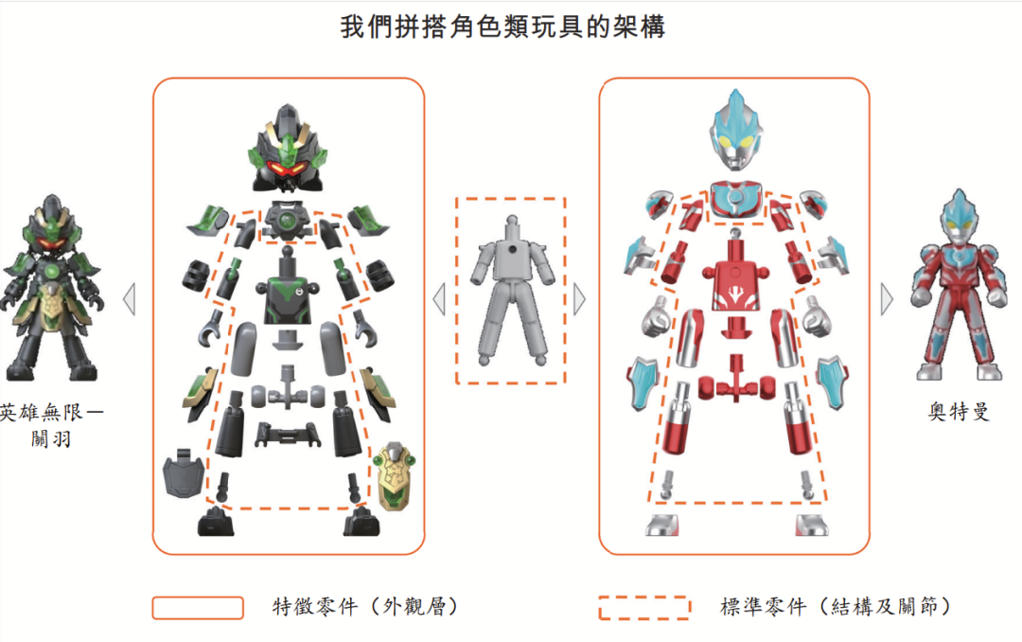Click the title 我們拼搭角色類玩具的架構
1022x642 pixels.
click(x=502, y=27)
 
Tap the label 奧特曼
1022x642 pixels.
click(x=959, y=413)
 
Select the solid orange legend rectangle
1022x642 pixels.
click(x=198, y=608)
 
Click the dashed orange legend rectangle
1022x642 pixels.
click(x=643, y=608)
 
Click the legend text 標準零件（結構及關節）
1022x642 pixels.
click(x=835, y=607)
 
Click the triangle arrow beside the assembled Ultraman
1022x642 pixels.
click(x=887, y=300)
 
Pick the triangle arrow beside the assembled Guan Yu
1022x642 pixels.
click(x=130, y=300)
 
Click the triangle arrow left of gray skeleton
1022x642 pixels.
click(x=439, y=300)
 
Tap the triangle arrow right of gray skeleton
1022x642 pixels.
click(x=579, y=300)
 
